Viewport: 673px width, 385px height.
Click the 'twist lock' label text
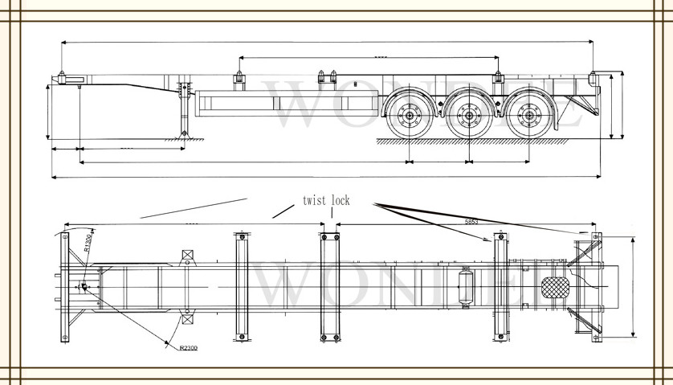326,200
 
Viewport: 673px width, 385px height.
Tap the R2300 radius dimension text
188,347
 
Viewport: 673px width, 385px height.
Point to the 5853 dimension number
473,221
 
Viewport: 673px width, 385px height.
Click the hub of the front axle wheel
408,117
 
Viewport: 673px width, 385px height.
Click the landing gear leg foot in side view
186,134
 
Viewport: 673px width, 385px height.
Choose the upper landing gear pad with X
188,256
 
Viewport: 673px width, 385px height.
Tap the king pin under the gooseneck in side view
79,89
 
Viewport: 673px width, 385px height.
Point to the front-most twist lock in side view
60,78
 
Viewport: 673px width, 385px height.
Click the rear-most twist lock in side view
593,80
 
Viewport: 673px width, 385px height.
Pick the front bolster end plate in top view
65,287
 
